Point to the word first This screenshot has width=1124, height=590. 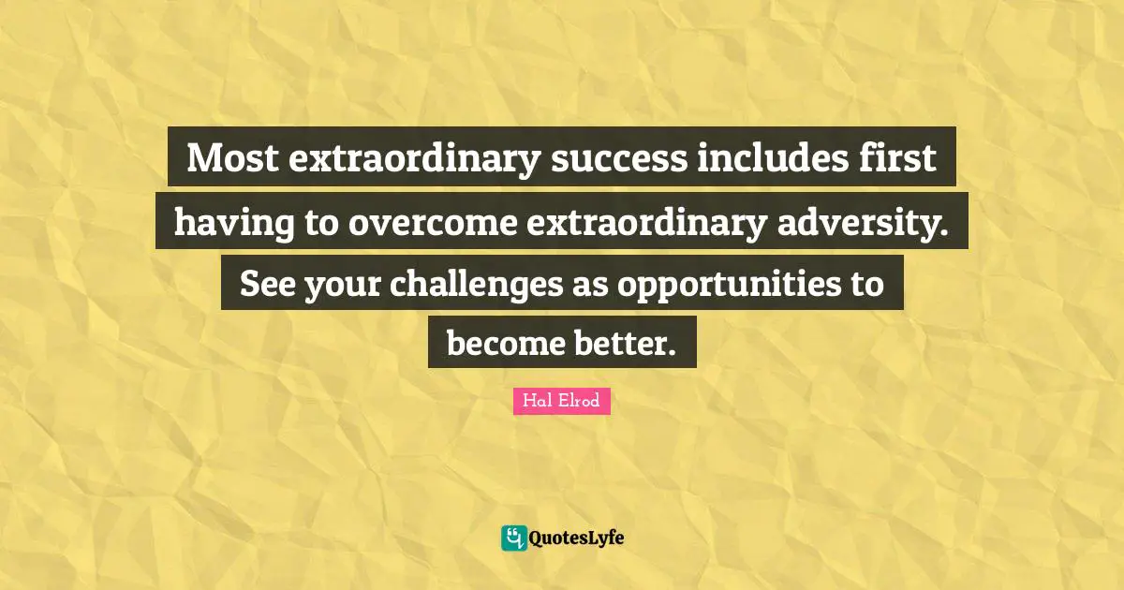(902, 158)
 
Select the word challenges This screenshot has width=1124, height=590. (476, 283)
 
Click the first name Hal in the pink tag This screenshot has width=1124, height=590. (537, 402)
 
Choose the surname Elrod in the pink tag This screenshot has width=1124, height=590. (580, 402)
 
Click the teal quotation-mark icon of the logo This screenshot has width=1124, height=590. (513, 538)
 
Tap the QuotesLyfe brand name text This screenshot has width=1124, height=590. (576, 538)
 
